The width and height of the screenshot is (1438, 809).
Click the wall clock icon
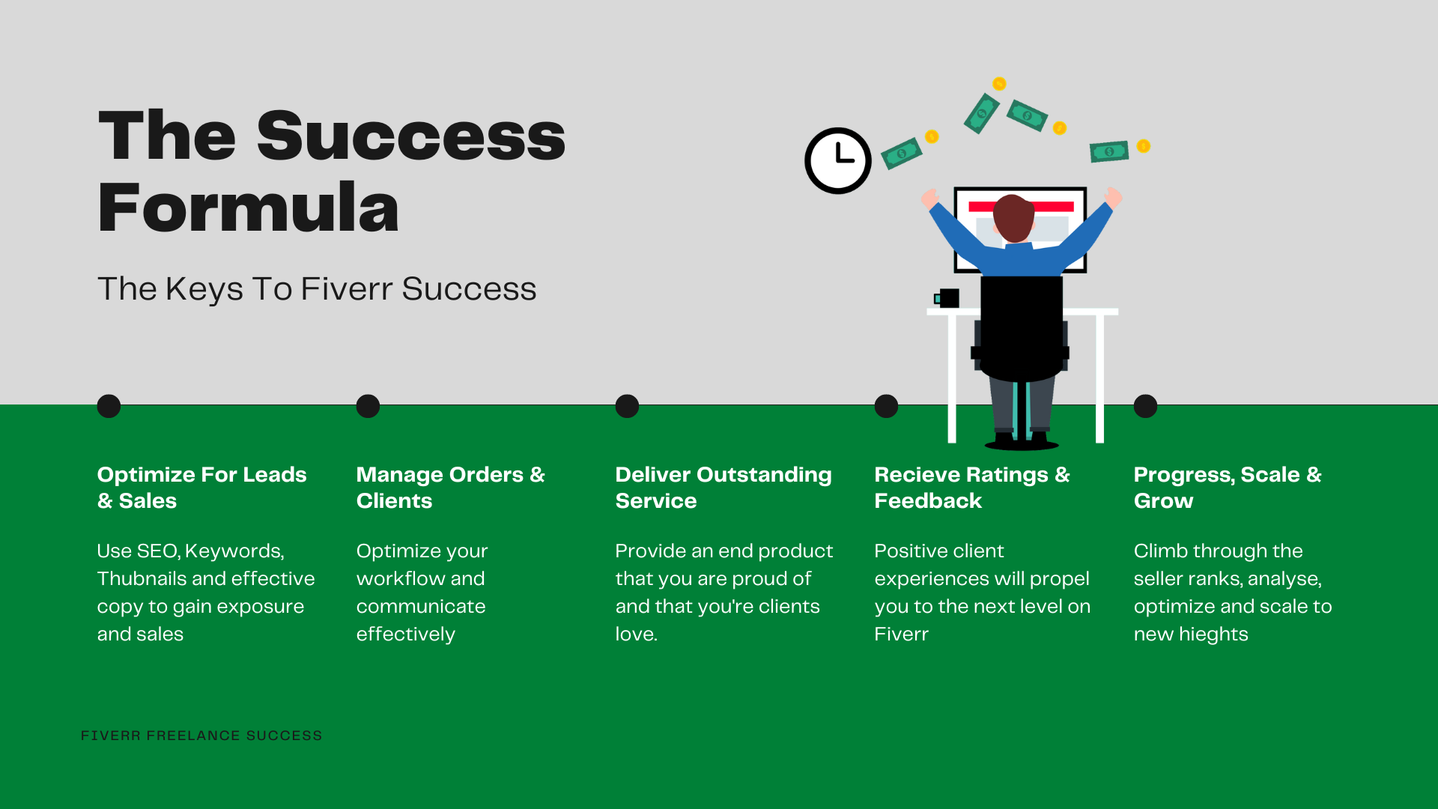(838, 160)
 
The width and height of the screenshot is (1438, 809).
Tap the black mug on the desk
(947, 298)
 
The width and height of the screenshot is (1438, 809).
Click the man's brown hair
(1013, 217)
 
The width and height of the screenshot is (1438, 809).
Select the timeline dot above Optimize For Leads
(109, 406)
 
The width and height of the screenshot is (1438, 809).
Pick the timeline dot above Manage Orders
(368, 406)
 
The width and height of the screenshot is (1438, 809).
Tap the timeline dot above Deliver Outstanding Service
(627, 406)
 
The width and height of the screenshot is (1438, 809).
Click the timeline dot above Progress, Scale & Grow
(1145, 406)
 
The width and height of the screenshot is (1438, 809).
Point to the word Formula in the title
(249, 207)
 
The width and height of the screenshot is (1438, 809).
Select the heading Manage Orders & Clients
(451, 488)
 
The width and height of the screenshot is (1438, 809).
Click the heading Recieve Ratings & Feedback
(972, 488)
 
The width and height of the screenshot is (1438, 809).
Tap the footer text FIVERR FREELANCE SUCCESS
(201, 736)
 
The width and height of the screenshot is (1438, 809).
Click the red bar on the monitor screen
(1021, 206)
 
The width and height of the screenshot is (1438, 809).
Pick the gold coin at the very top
(999, 84)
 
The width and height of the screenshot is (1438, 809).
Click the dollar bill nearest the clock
(901, 153)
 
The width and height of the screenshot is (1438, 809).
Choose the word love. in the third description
(636, 634)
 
